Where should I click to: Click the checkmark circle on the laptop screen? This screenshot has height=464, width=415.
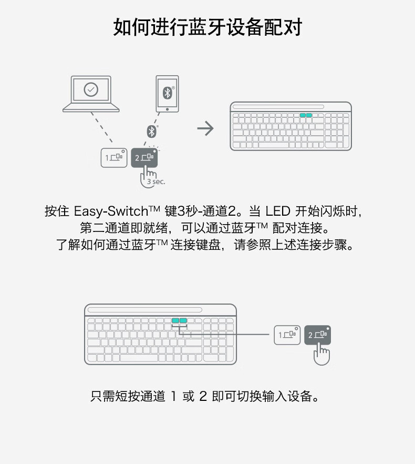91,89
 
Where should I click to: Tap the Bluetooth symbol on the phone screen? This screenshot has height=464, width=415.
167,93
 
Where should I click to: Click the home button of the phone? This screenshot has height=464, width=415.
167,109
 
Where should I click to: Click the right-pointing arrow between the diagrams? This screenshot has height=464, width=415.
205,128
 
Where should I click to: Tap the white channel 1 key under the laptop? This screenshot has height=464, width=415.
114,157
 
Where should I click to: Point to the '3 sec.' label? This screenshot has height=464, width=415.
156,181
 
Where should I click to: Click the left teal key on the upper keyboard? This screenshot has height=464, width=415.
303,115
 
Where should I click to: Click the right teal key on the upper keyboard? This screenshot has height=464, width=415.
309,115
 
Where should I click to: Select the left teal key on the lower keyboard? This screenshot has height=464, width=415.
175,320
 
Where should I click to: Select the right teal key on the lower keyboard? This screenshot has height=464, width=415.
183,320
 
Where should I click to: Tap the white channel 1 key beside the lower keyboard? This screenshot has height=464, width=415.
287,335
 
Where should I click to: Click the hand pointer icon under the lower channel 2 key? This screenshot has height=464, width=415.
321,354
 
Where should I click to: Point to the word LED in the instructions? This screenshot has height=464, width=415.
277,212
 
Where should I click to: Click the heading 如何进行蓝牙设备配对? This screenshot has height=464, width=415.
207,27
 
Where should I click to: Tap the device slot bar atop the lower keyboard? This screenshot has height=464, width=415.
144,310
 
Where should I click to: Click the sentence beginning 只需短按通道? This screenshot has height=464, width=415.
205,396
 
